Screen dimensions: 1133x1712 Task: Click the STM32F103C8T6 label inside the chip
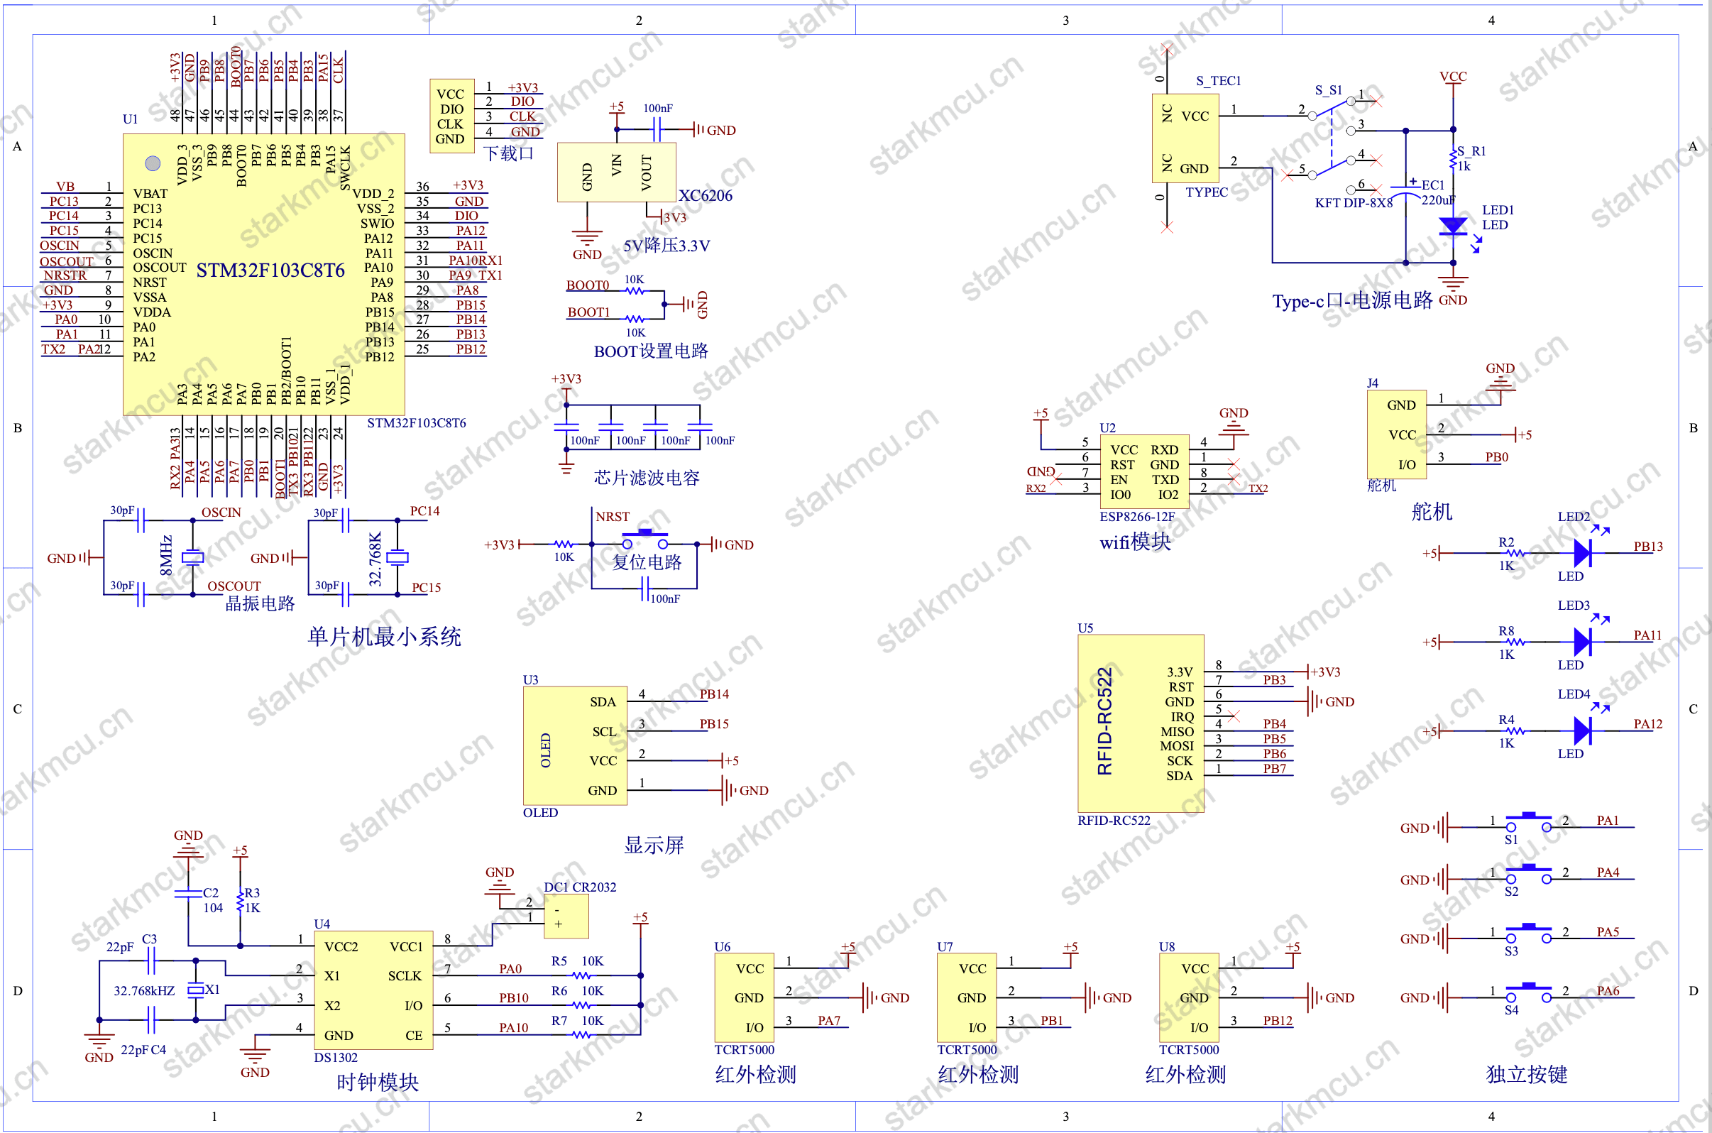pyautogui.click(x=270, y=270)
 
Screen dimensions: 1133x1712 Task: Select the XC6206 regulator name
pyautogui.click(x=705, y=195)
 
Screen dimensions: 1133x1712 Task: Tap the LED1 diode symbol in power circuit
pyautogui.click(x=1453, y=226)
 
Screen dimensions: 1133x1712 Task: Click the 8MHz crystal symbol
pyautogui.click(x=192, y=557)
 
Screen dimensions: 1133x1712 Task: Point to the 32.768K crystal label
pyautogui.click(x=375, y=559)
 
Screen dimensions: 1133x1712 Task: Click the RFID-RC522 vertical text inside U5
pyautogui.click(x=1104, y=721)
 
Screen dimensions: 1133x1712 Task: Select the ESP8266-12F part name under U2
pyautogui.click(x=1136, y=516)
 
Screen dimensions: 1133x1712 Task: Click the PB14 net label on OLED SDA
pyautogui.click(x=714, y=694)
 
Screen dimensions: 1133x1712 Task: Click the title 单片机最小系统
pyautogui.click(x=383, y=637)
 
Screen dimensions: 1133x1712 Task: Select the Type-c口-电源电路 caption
pyautogui.click(x=1351, y=300)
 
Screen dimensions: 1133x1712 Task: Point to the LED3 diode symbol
pyautogui.click(x=1582, y=640)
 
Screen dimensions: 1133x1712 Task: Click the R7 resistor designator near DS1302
pyautogui.click(x=559, y=1020)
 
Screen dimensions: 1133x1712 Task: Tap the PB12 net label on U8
pyautogui.click(x=1277, y=1020)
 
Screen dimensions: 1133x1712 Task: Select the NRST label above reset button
pyautogui.click(x=612, y=516)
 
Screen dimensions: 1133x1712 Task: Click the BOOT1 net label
pyautogui.click(x=588, y=312)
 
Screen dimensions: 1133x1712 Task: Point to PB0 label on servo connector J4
pyautogui.click(x=1496, y=456)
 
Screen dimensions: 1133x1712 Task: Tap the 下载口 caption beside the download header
pyautogui.click(x=507, y=153)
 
